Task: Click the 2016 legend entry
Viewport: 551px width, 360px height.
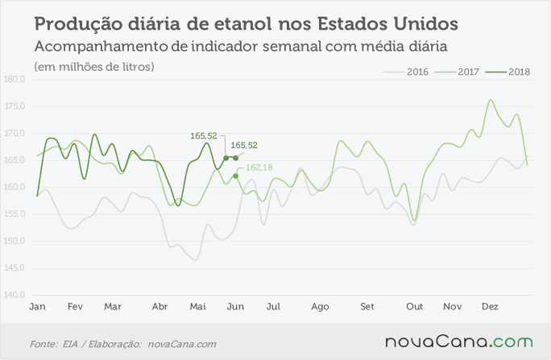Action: pyautogui.click(x=406, y=72)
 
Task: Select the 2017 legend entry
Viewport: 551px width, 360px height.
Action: pyautogui.click(x=457, y=72)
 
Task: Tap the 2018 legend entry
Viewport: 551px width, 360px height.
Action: pyautogui.click(x=507, y=72)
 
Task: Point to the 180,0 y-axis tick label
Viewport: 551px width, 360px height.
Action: pyautogui.click(x=14, y=80)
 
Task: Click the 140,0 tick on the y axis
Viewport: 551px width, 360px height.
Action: pyautogui.click(x=14, y=295)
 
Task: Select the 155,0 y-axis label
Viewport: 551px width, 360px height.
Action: pyautogui.click(x=14, y=214)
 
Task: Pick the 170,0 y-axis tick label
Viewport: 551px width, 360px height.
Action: pyautogui.click(x=14, y=133)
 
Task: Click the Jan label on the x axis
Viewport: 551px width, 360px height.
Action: pyautogui.click(x=37, y=307)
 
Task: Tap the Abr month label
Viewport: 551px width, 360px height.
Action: pyautogui.click(x=159, y=307)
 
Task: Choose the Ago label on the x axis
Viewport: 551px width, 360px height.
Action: pyautogui.click(x=320, y=307)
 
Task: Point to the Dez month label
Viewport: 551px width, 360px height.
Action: pyautogui.click(x=491, y=307)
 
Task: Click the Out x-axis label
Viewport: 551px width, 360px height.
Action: pyautogui.click(x=415, y=307)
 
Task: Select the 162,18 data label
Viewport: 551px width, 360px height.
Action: pyautogui.click(x=259, y=168)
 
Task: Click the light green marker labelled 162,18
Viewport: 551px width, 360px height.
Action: pyautogui.click(x=235, y=176)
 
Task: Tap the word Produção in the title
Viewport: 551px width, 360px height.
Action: pyautogui.click(x=79, y=24)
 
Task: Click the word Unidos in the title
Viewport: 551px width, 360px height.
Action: pyautogui.click(x=426, y=23)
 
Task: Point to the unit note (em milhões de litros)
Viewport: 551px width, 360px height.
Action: pyautogui.click(x=94, y=67)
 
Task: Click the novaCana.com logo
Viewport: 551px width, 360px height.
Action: pyautogui.click(x=459, y=341)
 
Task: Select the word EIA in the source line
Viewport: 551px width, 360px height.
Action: pyautogui.click(x=70, y=344)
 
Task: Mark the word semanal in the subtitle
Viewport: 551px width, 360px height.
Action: pyautogui.click(x=292, y=47)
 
